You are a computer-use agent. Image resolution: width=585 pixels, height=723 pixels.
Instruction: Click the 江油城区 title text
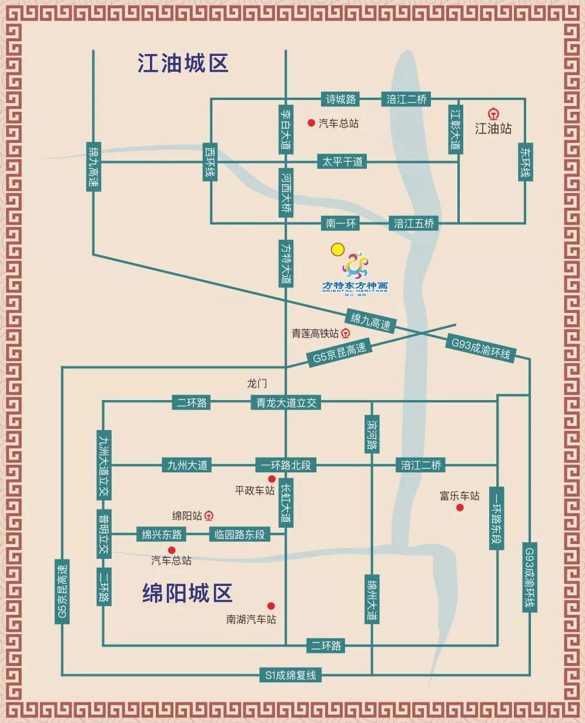pos(183,63)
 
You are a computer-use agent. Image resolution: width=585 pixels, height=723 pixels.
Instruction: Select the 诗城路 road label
pos(340,99)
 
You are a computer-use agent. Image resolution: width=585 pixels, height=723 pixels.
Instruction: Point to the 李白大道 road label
pos(286,129)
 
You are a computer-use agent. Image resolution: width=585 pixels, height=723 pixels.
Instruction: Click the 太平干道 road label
pos(342,161)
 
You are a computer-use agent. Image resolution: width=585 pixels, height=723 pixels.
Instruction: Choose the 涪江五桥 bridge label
pos(414,224)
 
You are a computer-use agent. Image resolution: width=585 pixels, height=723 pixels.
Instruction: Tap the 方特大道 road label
pos(286,264)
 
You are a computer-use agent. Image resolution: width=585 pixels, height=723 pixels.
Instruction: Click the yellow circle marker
pos(337,249)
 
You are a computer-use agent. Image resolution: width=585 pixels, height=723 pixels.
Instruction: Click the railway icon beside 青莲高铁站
pos(346,334)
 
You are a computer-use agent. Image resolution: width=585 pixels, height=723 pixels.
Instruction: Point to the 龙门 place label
pos(257,384)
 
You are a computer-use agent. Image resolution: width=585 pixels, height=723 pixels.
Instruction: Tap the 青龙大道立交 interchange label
pos(286,402)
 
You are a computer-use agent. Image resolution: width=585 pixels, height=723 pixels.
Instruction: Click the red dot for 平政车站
pos(272,479)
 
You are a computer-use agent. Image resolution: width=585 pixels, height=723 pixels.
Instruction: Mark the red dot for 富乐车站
pos(460,508)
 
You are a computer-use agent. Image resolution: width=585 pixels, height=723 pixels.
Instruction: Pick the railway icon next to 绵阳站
pos(209,516)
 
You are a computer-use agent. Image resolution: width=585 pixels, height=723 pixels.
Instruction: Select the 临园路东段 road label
pos(239,534)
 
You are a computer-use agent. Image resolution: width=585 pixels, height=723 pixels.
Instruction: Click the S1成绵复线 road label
pos(290,675)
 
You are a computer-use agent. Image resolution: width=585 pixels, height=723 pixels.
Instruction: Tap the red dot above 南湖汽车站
pos(271,606)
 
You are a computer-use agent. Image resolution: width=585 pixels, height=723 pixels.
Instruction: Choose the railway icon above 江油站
pos(493,114)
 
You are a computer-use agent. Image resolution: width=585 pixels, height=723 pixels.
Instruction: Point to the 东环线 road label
pos(525,162)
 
